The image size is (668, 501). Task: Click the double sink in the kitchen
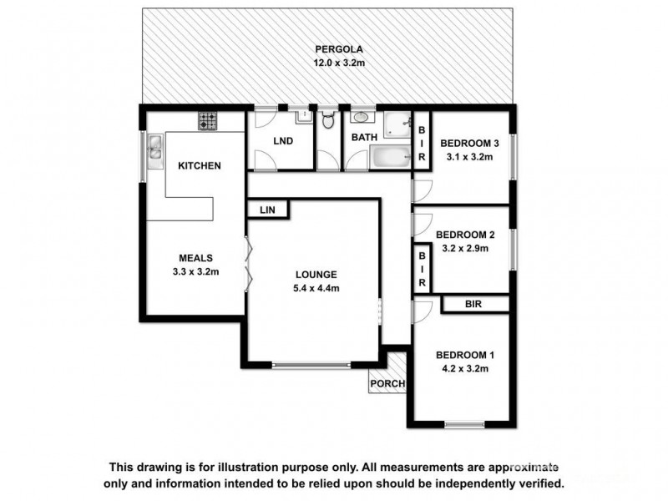[155, 148]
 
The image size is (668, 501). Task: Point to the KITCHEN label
[199, 165]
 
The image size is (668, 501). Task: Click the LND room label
[283, 141]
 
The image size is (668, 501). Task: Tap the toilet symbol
[328, 124]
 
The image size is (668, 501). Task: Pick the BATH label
[364, 138]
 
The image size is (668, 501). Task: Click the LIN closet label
[266, 209]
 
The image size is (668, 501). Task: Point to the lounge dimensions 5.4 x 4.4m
[315, 288]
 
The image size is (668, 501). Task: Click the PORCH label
[388, 384]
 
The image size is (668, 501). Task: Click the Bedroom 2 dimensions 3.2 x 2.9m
[462, 248]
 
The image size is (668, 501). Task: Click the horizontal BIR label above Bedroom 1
[473, 305]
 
